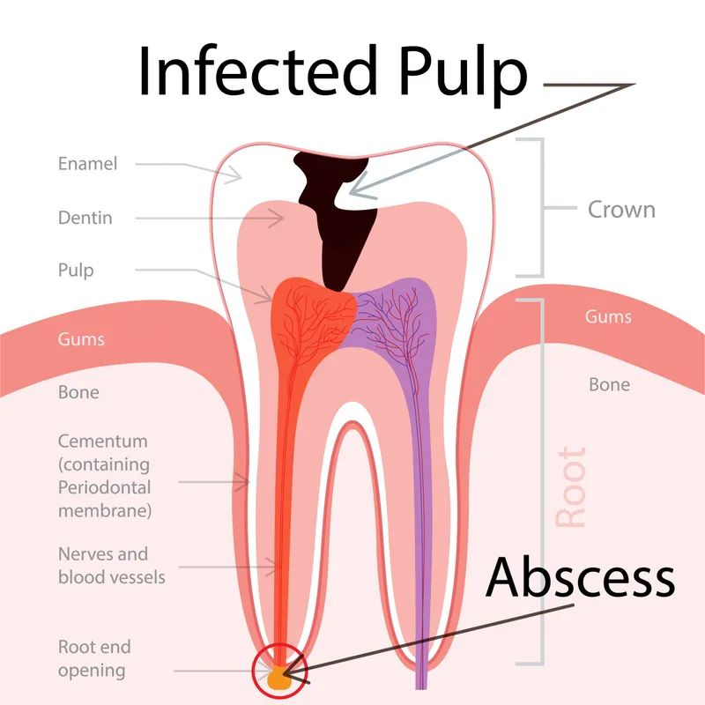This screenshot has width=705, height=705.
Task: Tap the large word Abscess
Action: (x=581, y=579)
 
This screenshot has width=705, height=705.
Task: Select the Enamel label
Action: (x=87, y=164)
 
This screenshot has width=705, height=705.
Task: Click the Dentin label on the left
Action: (x=85, y=218)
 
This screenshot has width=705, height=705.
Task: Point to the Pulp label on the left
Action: (x=75, y=271)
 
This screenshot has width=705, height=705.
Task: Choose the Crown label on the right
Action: (x=621, y=210)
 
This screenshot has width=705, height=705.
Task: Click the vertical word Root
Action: (x=571, y=488)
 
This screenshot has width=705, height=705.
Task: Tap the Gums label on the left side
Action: (x=81, y=339)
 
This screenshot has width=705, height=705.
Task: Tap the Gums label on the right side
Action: (x=608, y=316)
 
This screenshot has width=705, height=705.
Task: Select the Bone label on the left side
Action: (x=78, y=392)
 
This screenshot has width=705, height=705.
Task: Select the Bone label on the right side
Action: (x=609, y=385)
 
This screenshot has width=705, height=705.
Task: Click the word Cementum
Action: (x=102, y=441)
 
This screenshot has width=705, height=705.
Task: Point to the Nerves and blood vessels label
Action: (x=103, y=566)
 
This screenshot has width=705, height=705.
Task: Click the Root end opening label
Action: (x=94, y=659)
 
